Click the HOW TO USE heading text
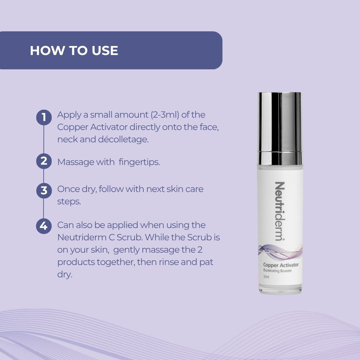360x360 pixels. (x=74, y=51)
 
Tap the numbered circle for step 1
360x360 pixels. (x=44, y=117)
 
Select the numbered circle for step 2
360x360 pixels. (x=44, y=161)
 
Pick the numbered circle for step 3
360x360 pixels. (x=44, y=191)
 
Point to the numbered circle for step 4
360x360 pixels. (x=44, y=226)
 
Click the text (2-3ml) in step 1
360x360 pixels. (x=165, y=115)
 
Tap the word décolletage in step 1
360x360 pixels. (x=123, y=139)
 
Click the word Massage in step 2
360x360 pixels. (x=76, y=162)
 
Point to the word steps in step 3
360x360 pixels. (x=69, y=202)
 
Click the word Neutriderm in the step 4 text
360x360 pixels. (x=82, y=237)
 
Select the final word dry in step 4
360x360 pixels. (x=65, y=275)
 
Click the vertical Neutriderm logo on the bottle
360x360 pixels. (x=280, y=211)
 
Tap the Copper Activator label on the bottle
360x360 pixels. (x=281, y=265)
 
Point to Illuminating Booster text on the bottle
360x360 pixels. (x=277, y=271)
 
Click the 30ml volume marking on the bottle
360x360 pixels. (x=266, y=277)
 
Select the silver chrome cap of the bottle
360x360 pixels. (x=280, y=129)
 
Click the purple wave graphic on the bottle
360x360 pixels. (x=280, y=251)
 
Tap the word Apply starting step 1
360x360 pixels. (x=69, y=115)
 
